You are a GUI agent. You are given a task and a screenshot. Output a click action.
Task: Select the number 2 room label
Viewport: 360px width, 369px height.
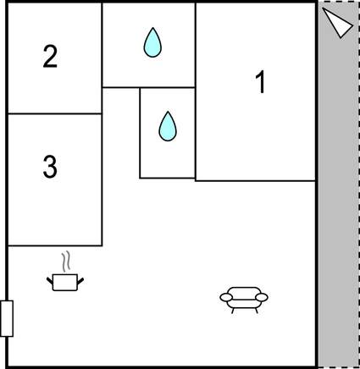(50, 57)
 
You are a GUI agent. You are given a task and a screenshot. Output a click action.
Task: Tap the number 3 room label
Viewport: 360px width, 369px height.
(50, 167)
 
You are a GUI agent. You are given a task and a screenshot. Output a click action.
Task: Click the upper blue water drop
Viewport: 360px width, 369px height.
(152, 42)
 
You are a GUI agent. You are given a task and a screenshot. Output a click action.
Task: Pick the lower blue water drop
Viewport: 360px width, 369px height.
(168, 126)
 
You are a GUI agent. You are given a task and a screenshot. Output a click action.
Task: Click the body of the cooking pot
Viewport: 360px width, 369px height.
(65, 282)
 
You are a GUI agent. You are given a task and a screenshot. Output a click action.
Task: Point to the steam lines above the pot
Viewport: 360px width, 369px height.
(66, 262)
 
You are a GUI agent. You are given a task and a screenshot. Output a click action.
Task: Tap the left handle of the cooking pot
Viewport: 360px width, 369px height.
(50, 281)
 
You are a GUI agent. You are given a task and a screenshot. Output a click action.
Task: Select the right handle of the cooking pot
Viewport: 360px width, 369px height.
(80, 281)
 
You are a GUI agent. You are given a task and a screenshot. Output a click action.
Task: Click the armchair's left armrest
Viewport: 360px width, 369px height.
(226, 297)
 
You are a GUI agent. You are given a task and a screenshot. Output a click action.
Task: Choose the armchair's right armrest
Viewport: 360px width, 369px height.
(262, 297)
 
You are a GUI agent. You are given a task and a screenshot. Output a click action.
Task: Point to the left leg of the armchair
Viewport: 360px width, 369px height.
(233, 311)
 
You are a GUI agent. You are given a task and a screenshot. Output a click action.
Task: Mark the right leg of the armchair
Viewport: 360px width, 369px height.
(257, 311)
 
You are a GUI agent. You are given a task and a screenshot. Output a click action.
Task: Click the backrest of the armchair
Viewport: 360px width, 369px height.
(244, 292)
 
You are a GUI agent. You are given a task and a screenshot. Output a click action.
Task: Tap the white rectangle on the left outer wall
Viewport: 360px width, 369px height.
(7, 318)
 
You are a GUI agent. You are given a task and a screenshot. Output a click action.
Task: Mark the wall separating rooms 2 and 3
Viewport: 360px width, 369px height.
(55, 113)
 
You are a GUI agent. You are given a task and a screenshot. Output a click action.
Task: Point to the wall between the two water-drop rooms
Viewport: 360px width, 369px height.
(167, 87)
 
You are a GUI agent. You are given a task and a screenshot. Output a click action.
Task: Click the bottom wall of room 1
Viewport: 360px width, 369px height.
(255, 180)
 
